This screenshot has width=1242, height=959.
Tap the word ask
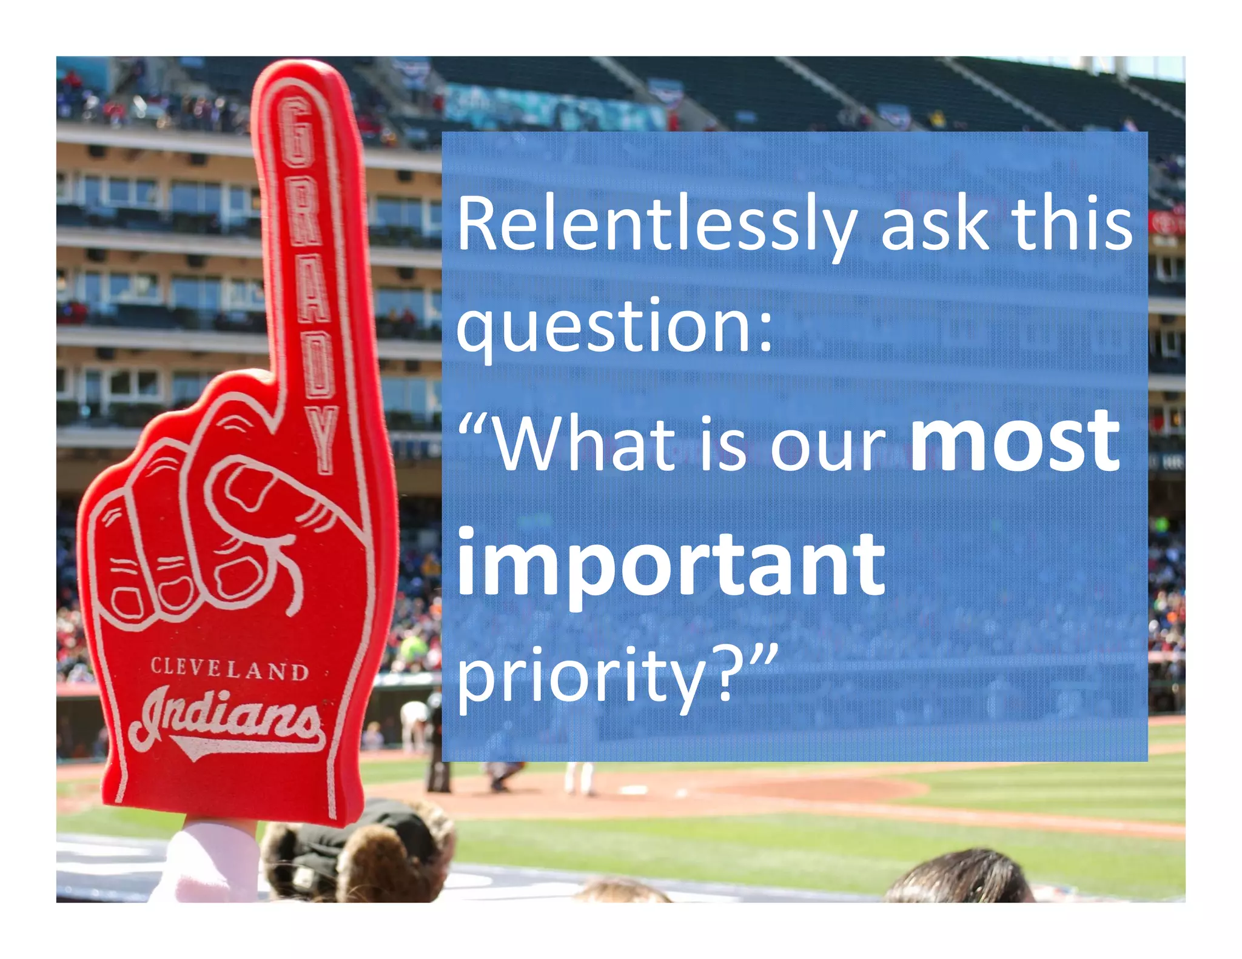[935, 224]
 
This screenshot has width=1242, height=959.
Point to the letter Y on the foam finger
[321, 439]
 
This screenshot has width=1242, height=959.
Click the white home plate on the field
[634, 789]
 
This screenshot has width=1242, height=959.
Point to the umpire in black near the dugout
[437, 746]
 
